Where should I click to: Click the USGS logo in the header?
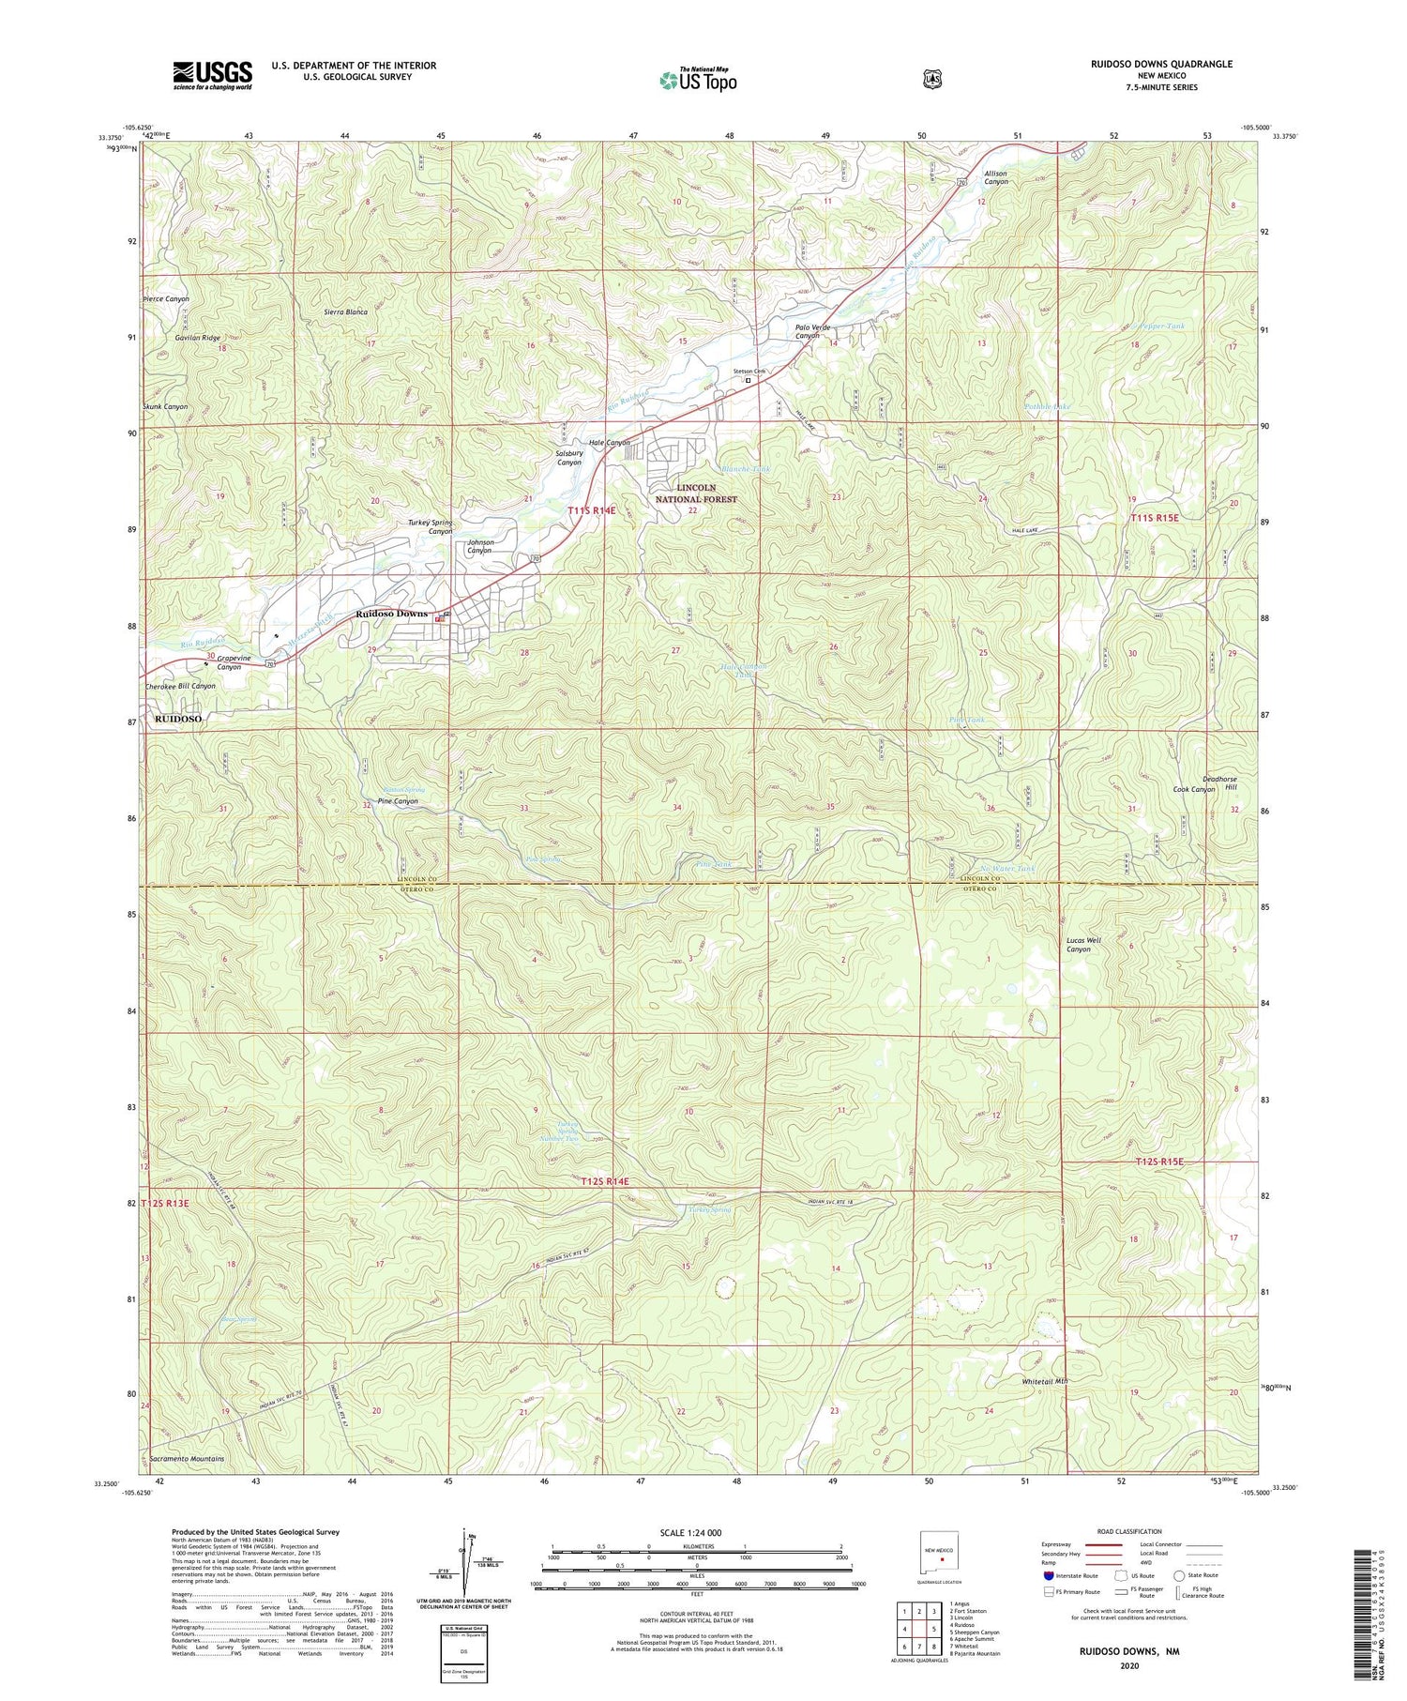coord(212,74)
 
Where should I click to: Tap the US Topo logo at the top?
coord(699,80)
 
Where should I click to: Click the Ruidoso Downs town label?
coord(391,614)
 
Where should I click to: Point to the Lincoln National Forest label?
coord(696,494)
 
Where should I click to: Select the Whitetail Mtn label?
coord(1044,1381)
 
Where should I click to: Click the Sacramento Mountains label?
coord(187,1459)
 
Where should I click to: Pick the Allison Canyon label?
coord(995,177)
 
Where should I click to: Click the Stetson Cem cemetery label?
coord(749,372)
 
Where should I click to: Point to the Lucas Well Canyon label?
coord(1083,944)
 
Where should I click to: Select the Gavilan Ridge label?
coord(197,338)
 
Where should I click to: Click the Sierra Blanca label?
coord(345,311)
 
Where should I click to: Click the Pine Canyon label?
coord(398,801)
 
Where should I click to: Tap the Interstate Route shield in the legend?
coord(1049,1575)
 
